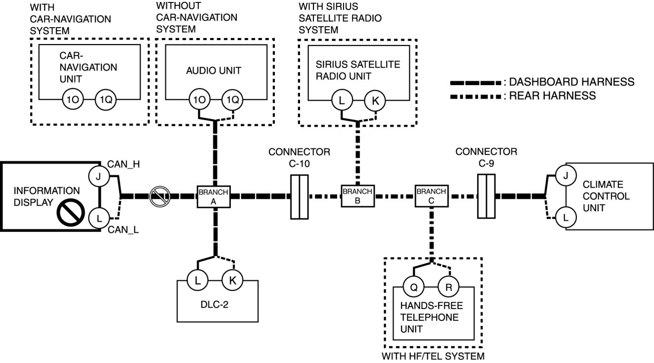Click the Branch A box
click(x=214, y=196)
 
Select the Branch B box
click(x=357, y=196)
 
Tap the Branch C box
click(x=431, y=196)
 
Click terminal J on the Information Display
click(x=99, y=176)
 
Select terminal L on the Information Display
click(x=99, y=217)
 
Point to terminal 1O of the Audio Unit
click(x=199, y=99)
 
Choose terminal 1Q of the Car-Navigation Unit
click(x=105, y=99)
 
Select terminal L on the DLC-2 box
click(x=198, y=280)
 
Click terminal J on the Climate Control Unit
click(x=565, y=176)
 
